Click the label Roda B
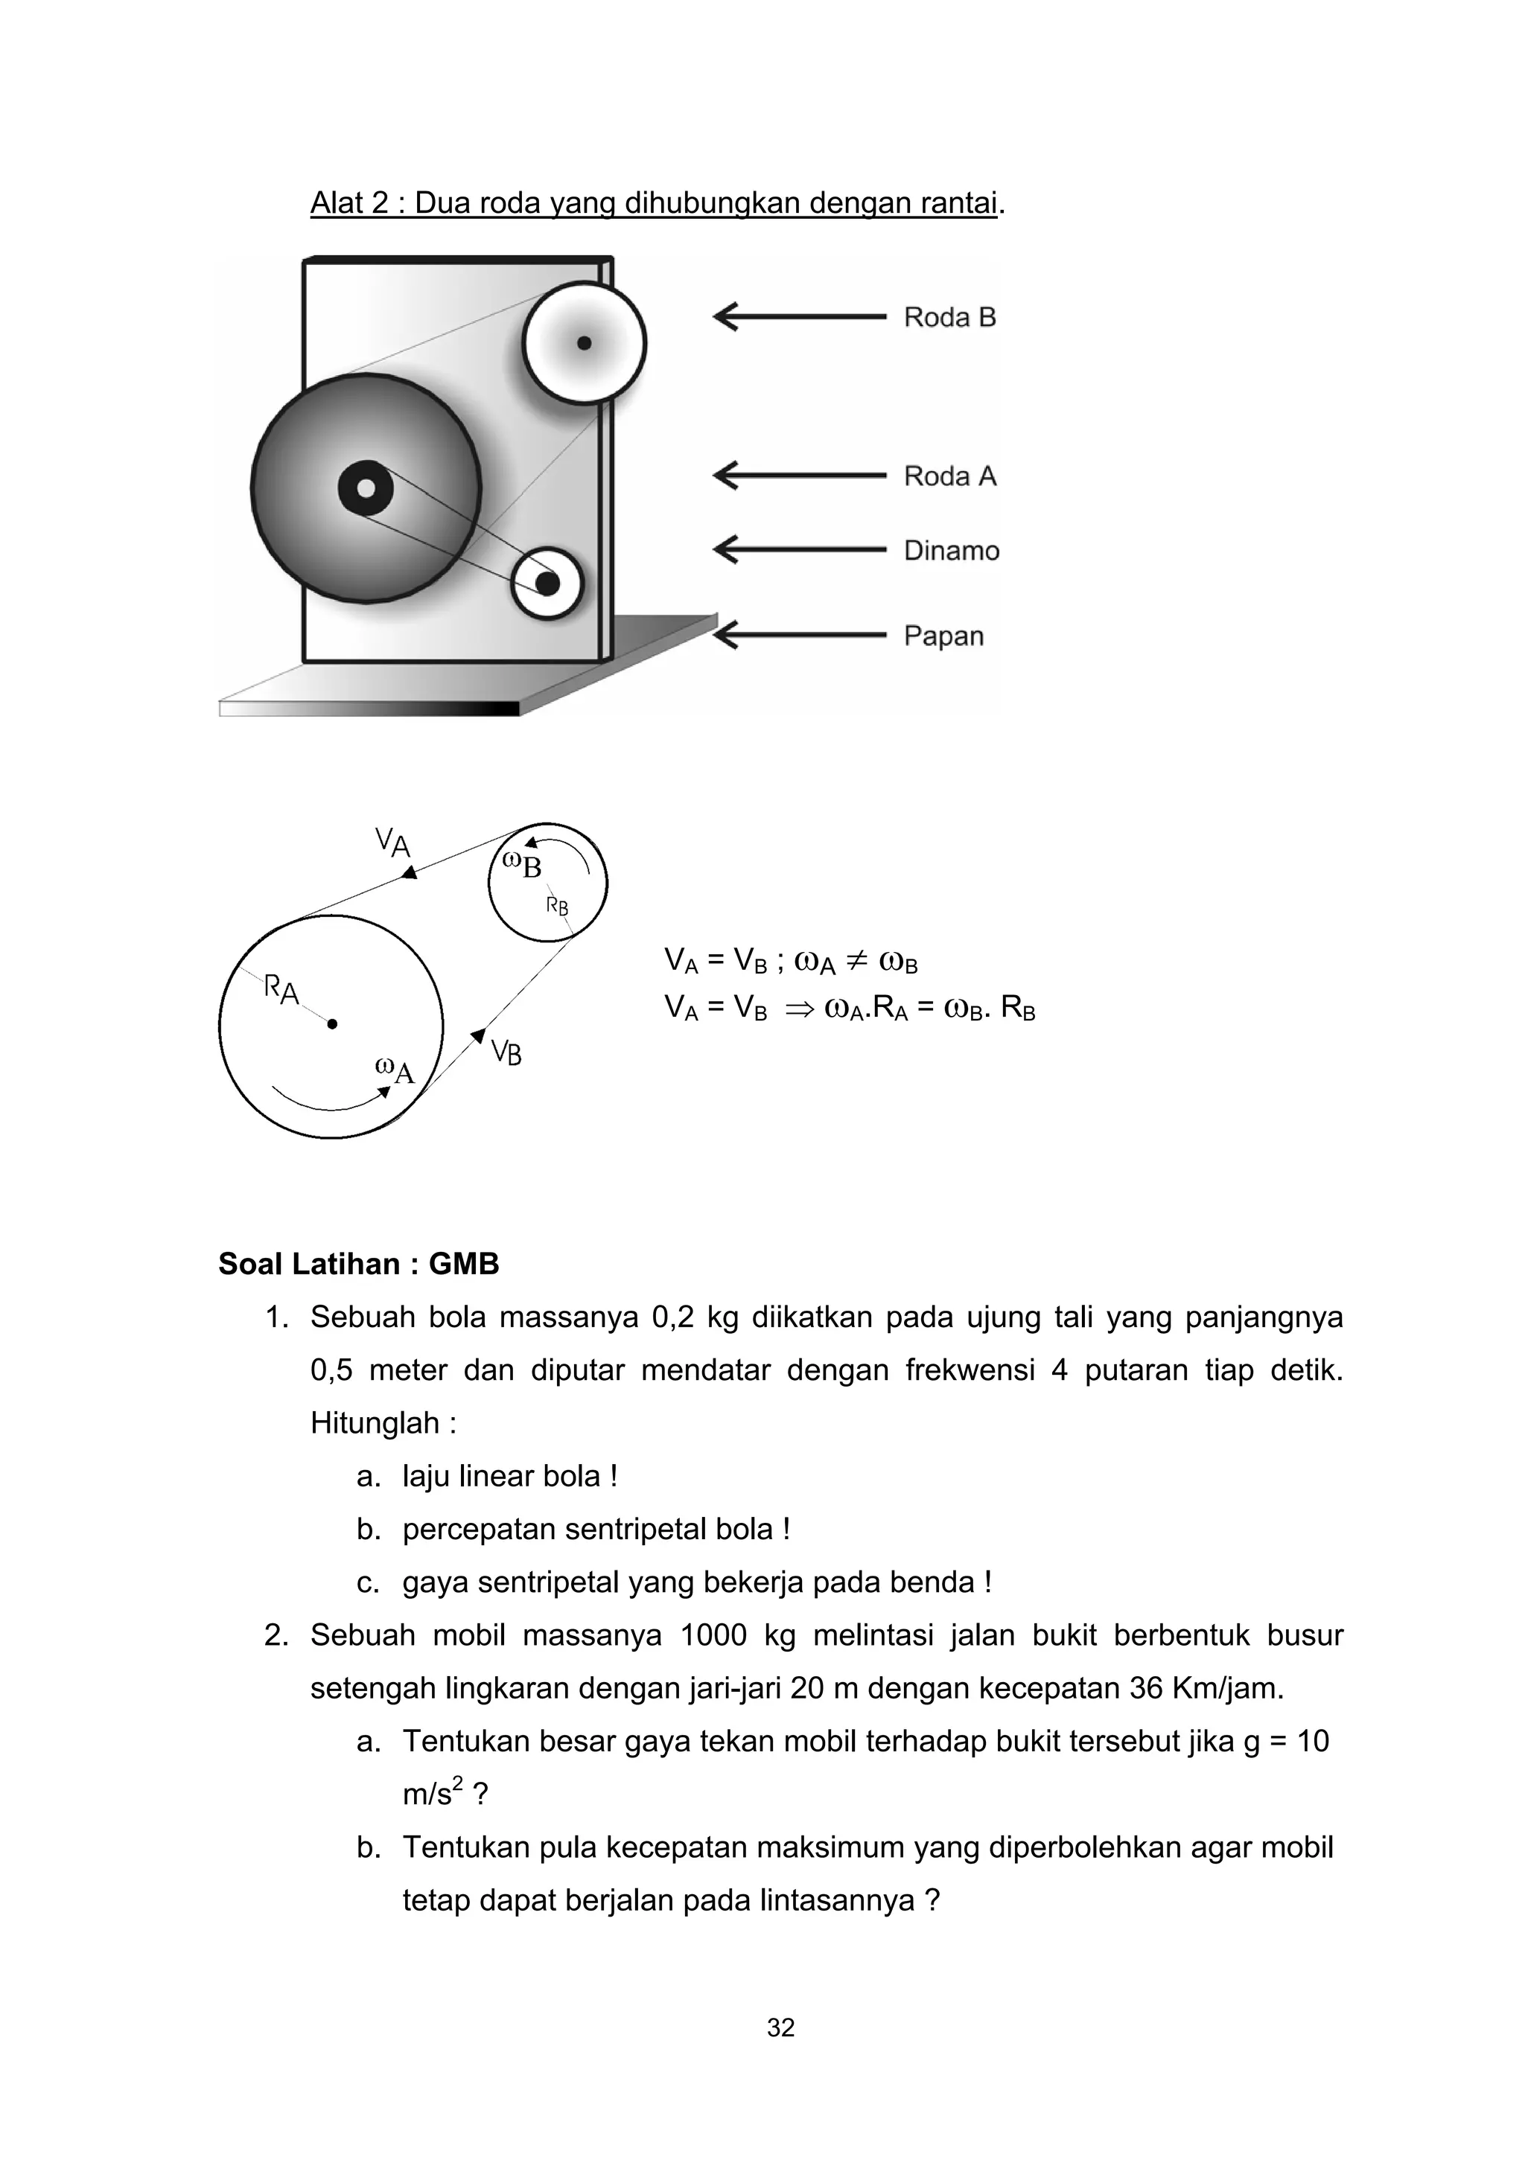click(x=949, y=318)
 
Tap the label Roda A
click(x=949, y=476)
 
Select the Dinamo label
click(x=951, y=551)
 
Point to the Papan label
click(x=943, y=636)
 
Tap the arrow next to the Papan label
click(x=799, y=636)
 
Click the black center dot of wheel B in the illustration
click(x=584, y=343)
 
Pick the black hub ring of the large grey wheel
click(x=366, y=488)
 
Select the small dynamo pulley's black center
click(x=547, y=584)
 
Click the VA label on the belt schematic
click(x=392, y=841)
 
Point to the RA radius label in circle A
click(x=281, y=989)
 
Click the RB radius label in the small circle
click(x=557, y=907)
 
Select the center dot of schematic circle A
click(x=331, y=1025)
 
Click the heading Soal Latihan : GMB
click(x=358, y=1264)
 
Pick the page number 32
click(x=781, y=2027)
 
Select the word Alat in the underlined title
click(x=340, y=203)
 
